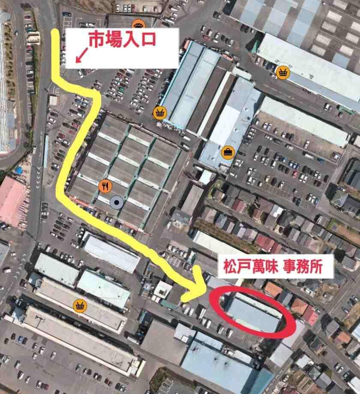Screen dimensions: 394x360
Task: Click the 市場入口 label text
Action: pos(122,41)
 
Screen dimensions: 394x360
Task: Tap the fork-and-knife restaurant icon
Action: pos(105,186)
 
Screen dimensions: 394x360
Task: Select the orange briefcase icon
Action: pos(227,151)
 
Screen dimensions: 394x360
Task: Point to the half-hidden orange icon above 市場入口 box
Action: pos(138,24)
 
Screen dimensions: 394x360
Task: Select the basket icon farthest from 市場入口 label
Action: pos(80,305)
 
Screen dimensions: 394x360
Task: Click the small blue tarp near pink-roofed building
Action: pos(19,171)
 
